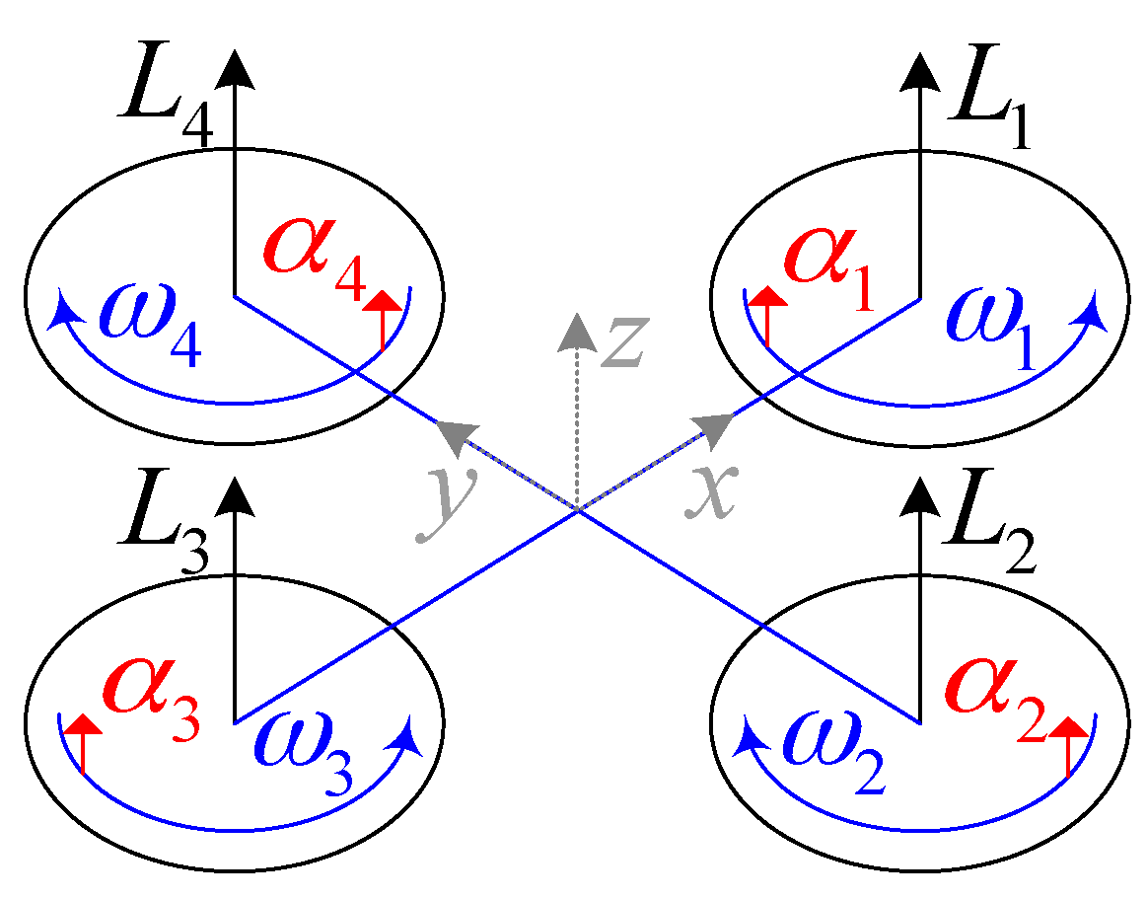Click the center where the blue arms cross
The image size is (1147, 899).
577,509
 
